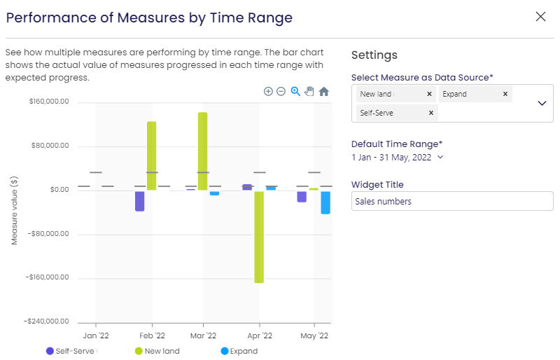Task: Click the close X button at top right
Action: click(540, 17)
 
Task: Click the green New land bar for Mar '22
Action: click(202, 151)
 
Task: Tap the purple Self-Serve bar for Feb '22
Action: click(139, 200)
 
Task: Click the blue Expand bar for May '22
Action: click(325, 202)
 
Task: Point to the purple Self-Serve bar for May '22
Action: click(302, 196)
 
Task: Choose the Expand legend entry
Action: click(239, 351)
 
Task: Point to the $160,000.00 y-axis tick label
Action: click(49, 102)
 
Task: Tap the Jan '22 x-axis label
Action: click(95, 336)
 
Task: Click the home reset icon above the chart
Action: click(323, 92)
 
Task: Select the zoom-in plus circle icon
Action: click(268, 92)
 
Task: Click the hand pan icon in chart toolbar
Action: click(309, 92)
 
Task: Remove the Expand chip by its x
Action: click(505, 94)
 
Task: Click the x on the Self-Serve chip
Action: click(430, 113)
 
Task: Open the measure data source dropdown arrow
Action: click(541, 103)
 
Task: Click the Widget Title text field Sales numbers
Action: click(451, 201)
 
